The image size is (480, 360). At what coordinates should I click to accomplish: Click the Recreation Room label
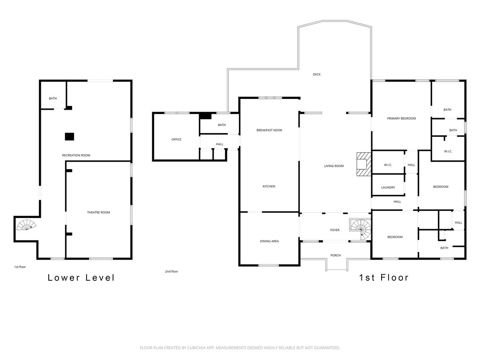pos(76,155)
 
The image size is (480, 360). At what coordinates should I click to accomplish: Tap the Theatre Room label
pos(98,212)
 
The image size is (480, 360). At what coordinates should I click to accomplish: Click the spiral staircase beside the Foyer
pos(361,230)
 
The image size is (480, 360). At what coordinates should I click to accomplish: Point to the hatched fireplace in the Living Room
pos(364,164)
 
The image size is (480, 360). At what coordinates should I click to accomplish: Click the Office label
pos(176,139)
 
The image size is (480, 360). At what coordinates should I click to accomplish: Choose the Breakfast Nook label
pos(270,130)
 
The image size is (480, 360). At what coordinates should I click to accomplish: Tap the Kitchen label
pos(269,186)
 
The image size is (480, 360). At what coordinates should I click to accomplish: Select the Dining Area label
pos(270,241)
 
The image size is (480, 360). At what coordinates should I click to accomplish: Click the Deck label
pos(316,75)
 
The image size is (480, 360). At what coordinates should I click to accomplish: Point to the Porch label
pos(336,255)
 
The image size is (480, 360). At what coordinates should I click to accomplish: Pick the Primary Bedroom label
pos(401,118)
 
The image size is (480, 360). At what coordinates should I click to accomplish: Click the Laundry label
pos(388,187)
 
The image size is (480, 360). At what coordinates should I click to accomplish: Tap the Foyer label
pos(335,230)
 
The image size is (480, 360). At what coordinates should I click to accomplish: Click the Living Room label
pos(334,166)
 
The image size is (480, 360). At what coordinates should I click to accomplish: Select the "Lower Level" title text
pos(81,277)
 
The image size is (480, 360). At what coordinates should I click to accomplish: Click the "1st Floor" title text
pos(384,277)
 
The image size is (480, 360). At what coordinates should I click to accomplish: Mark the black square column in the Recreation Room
pos(69,136)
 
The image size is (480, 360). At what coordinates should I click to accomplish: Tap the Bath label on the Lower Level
pos(52,98)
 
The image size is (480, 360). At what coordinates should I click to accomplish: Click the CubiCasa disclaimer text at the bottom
pos(240,348)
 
